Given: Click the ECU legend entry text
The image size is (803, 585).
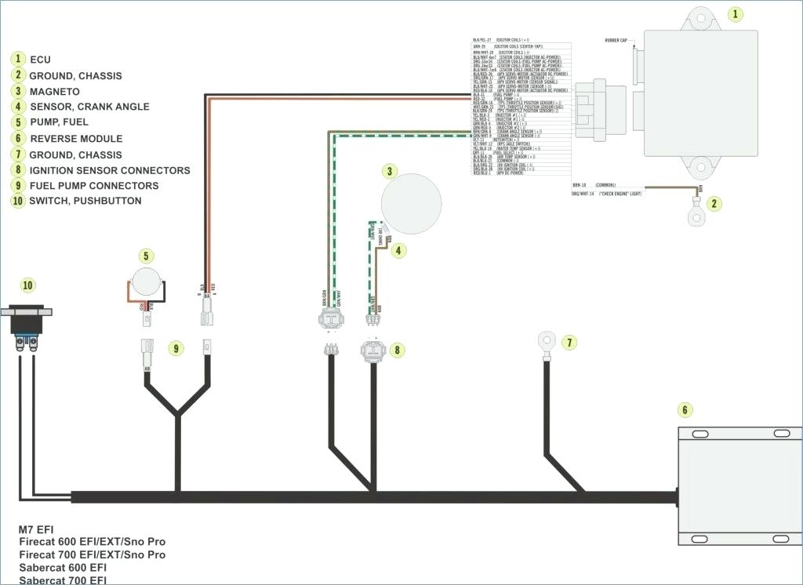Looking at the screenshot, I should coord(40,60).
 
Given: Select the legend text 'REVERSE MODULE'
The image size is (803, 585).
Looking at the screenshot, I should coord(76,139).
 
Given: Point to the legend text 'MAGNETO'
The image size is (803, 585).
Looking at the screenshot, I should coord(54,92).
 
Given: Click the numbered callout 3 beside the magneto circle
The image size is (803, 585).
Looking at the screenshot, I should coord(389,171).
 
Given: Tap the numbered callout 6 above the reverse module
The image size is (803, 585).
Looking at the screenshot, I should coord(685,410).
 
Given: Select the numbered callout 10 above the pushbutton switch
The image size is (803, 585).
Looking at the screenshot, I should coord(28,285).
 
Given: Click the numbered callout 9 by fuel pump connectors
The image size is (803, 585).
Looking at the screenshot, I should coord(175,347).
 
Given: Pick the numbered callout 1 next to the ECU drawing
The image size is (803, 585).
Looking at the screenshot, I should coord(735,14).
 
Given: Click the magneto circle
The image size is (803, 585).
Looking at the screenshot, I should coord(411,204).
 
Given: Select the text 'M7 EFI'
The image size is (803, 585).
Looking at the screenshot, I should coord(36,529).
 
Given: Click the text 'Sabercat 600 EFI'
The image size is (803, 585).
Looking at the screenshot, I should coord(63,567).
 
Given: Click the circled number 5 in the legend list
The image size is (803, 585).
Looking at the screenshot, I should coord(17,122).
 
